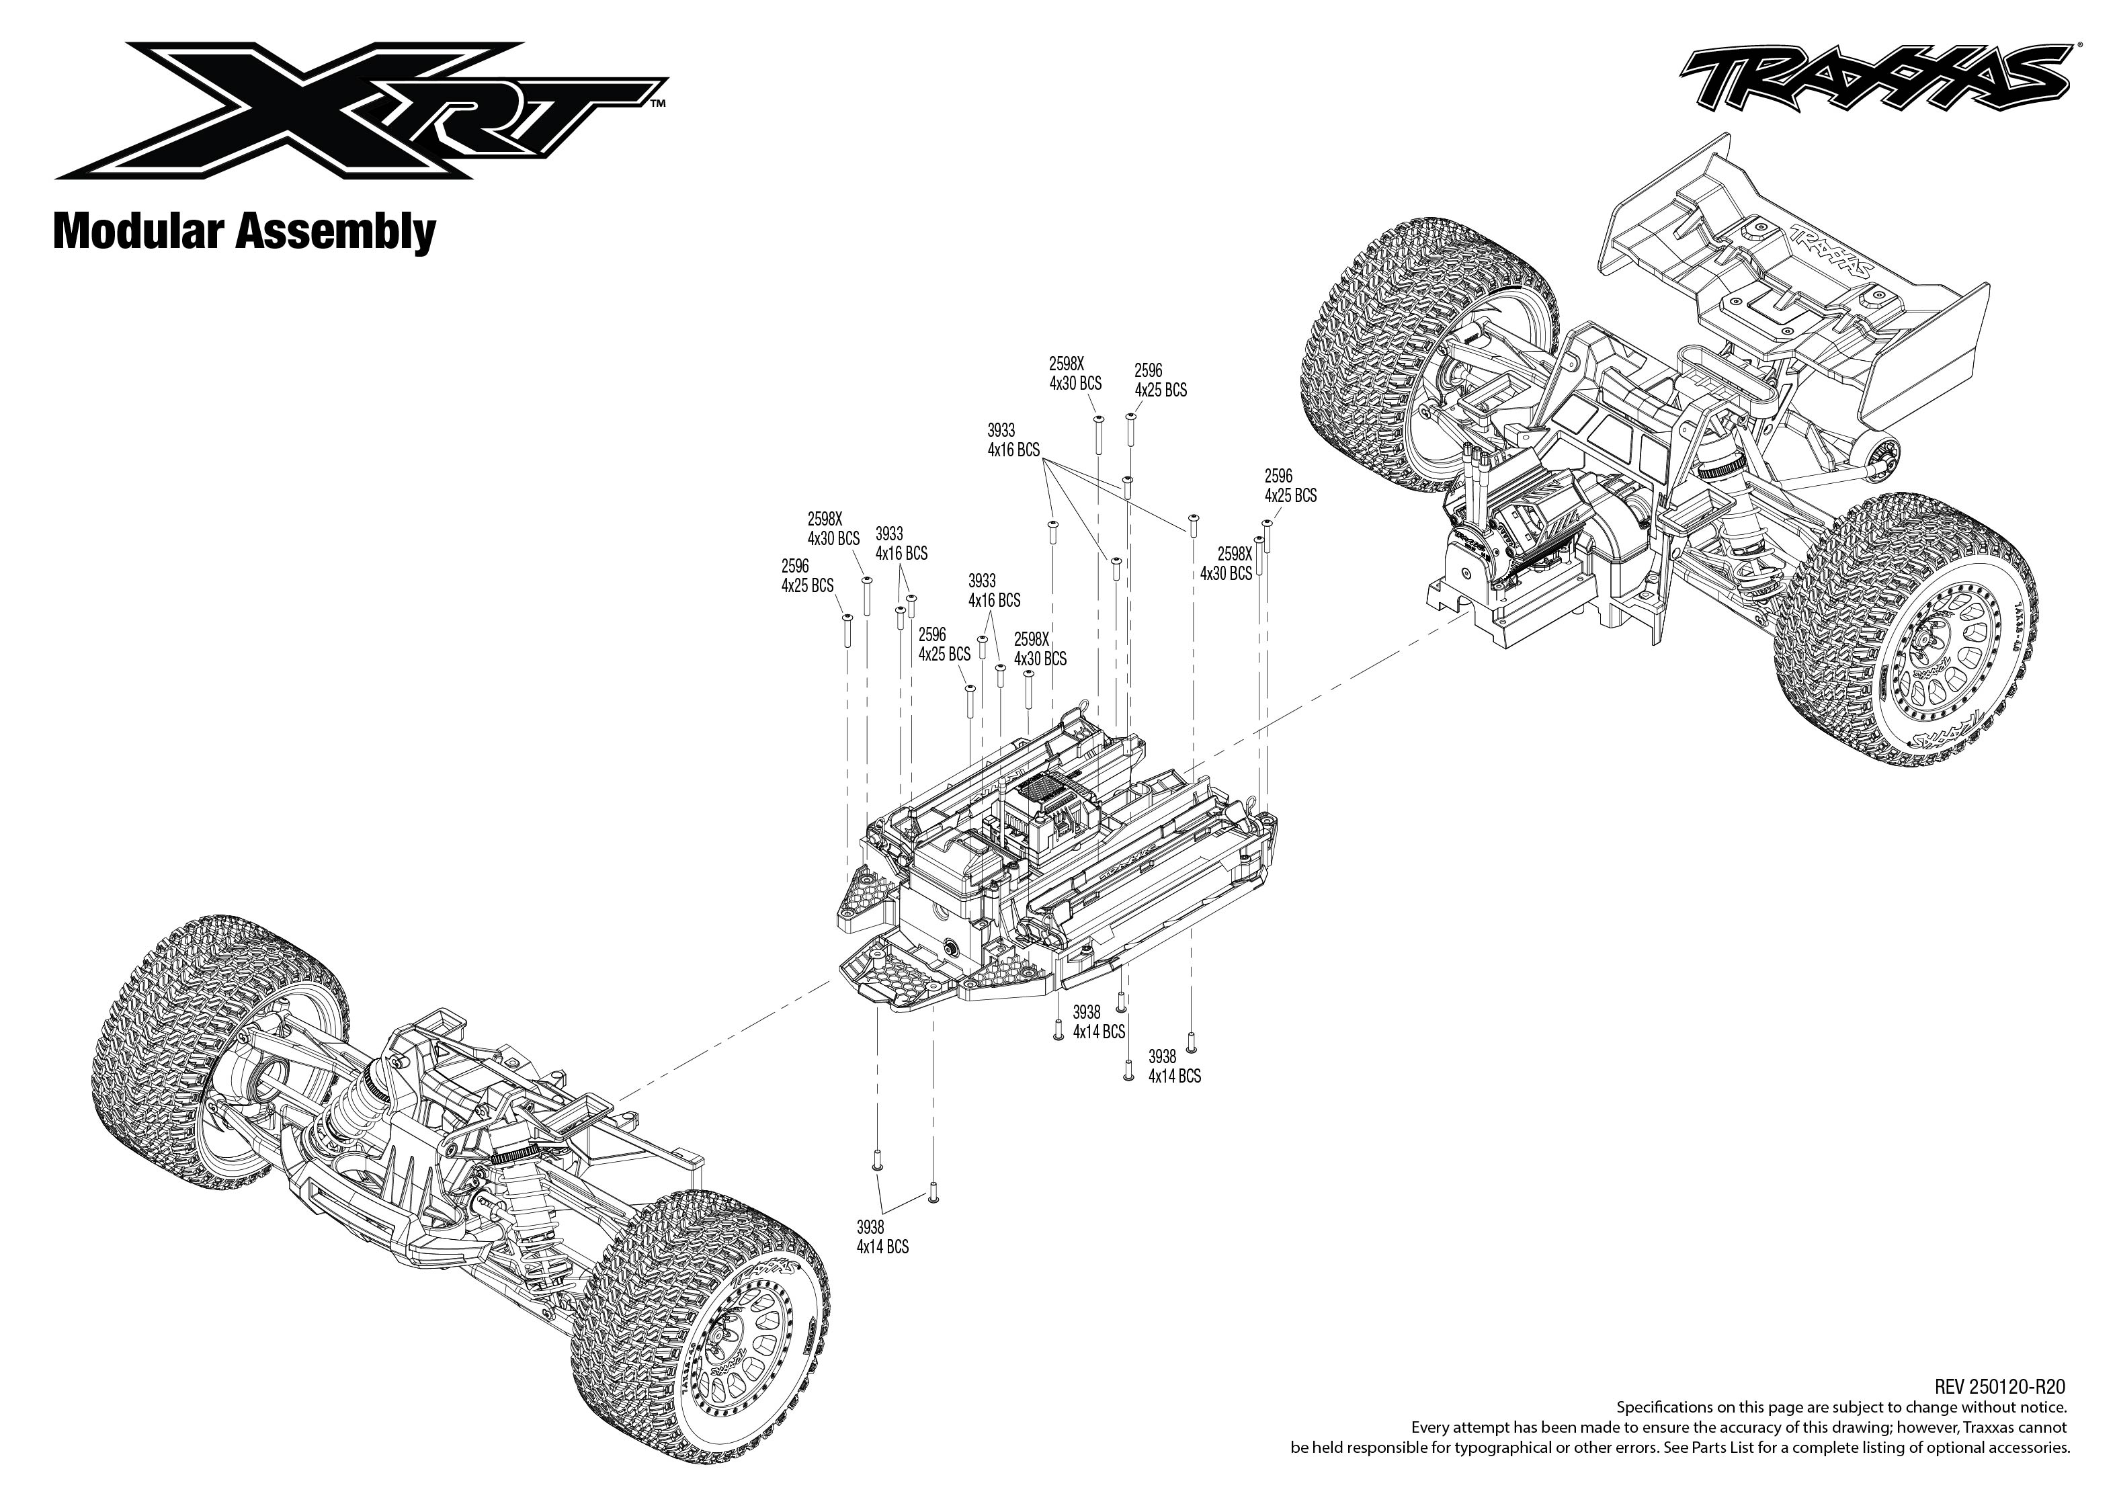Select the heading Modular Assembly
click(244, 231)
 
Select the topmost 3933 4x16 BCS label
click(1013, 440)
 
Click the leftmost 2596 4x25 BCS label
click(807, 575)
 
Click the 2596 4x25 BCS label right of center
click(1290, 486)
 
